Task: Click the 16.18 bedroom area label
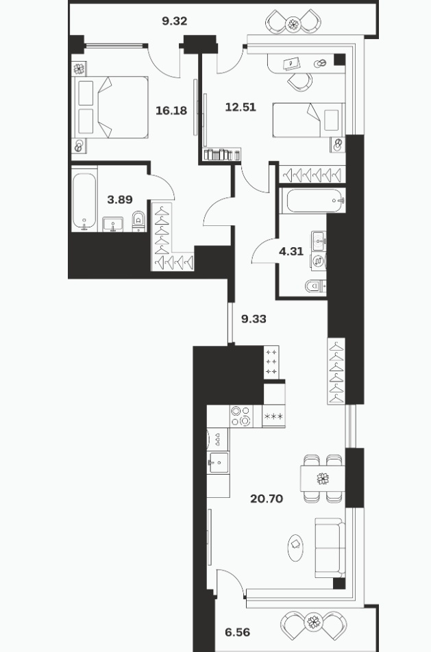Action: pos(171,111)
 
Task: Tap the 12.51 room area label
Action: pos(241,108)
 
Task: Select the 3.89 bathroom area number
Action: pos(120,199)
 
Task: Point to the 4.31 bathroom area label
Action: pos(291,251)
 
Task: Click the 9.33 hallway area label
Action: pos(254,319)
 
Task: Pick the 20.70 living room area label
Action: pos(267,498)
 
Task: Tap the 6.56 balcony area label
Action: pos(238,632)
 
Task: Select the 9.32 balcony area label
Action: pos(175,21)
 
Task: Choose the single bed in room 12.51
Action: pos(308,120)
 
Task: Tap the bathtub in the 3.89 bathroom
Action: pos(84,201)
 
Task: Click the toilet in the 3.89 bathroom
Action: pos(138,221)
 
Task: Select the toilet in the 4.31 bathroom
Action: pos(316,286)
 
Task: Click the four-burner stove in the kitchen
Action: pos(241,416)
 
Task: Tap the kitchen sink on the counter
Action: pos(218,462)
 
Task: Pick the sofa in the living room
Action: pos(330,548)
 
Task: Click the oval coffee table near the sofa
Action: pos(295,547)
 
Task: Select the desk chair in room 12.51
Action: pos(299,82)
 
